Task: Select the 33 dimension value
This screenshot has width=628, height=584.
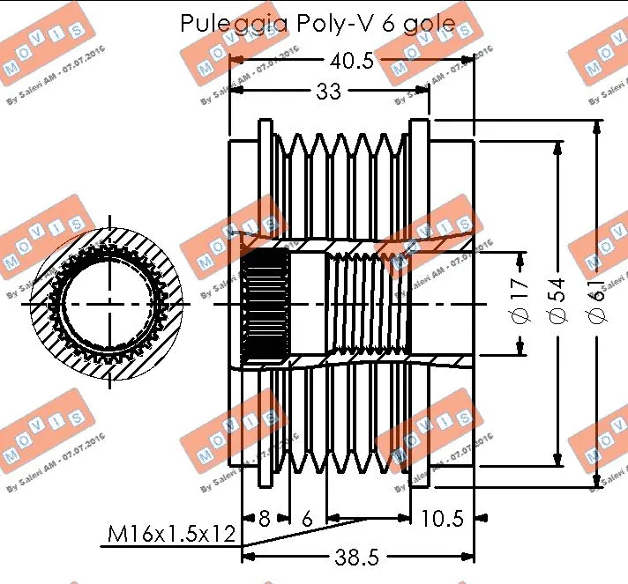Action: click(x=328, y=92)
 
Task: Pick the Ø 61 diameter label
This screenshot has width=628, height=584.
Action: click(x=597, y=303)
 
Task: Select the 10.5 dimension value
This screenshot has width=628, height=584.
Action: click(x=442, y=518)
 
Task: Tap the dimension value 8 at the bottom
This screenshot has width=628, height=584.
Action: click(x=264, y=518)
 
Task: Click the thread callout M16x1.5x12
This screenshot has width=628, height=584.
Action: click(x=171, y=534)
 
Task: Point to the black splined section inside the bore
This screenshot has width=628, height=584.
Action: click(x=265, y=304)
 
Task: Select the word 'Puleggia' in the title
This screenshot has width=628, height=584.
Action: click(x=216, y=23)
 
